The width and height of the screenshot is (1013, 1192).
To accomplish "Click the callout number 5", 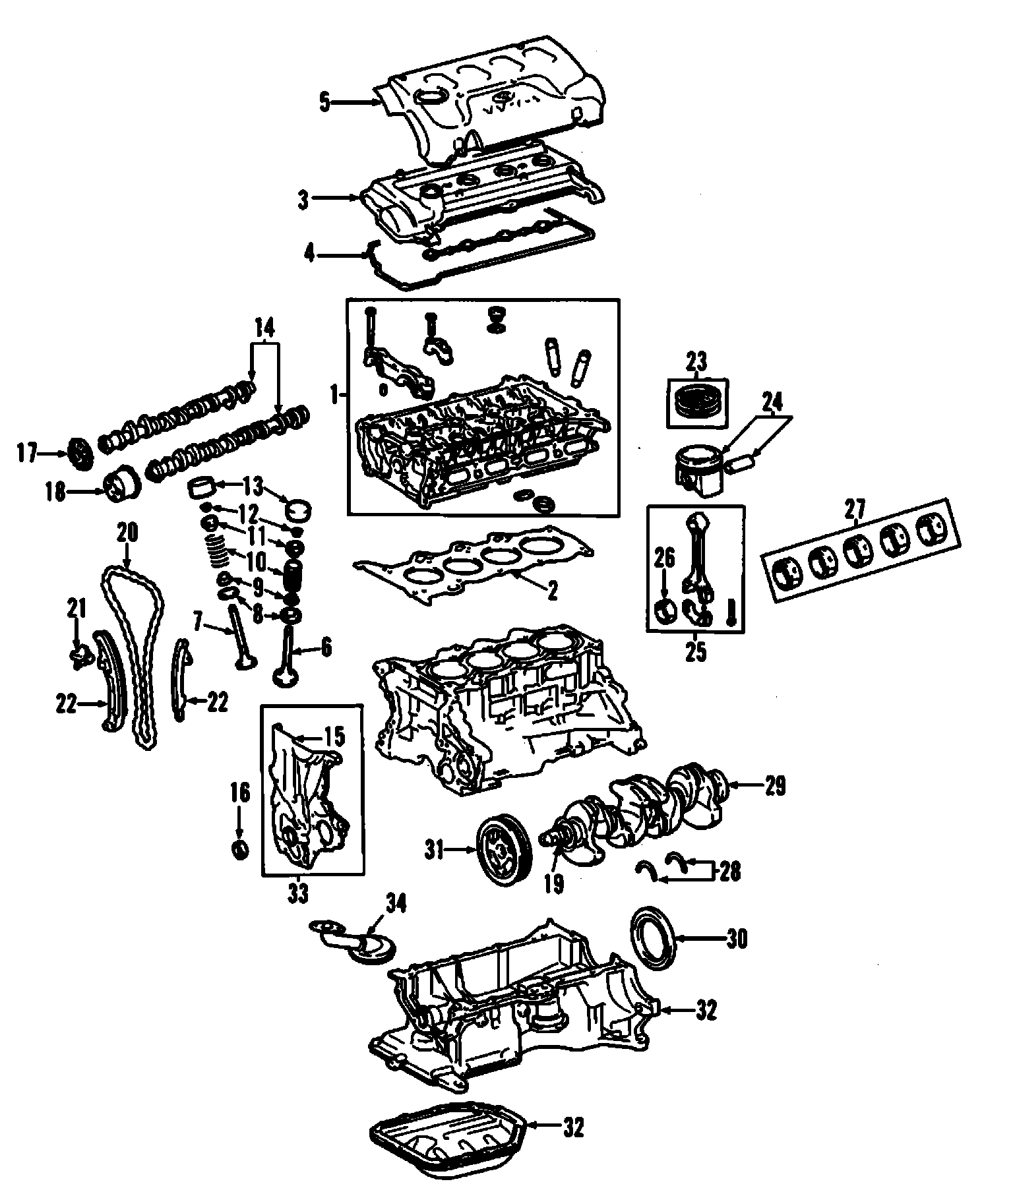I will pyautogui.click(x=324, y=104).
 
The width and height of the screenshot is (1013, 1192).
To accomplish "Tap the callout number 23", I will pyautogui.click(x=696, y=362).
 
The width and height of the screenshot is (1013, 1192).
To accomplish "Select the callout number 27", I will pyautogui.click(x=855, y=510).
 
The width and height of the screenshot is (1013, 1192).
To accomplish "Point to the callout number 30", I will pyautogui.click(x=737, y=938).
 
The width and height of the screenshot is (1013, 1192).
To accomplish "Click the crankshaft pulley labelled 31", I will pyautogui.click(x=502, y=850).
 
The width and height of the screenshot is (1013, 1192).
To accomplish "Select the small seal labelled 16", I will pyautogui.click(x=240, y=849).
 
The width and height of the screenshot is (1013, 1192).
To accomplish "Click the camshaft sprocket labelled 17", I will pyautogui.click(x=79, y=454).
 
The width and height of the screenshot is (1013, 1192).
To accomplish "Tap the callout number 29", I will pyautogui.click(x=776, y=787).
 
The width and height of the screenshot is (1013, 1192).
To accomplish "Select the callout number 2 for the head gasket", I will pyautogui.click(x=552, y=590).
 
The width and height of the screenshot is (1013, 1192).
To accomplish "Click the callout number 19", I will pyautogui.click(x=554, y=884).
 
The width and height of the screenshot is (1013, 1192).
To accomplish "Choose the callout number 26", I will pyautogui.click(x=665, y=559).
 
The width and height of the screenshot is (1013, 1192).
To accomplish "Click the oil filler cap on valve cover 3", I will pyautogui.click(x=431, y=194).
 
